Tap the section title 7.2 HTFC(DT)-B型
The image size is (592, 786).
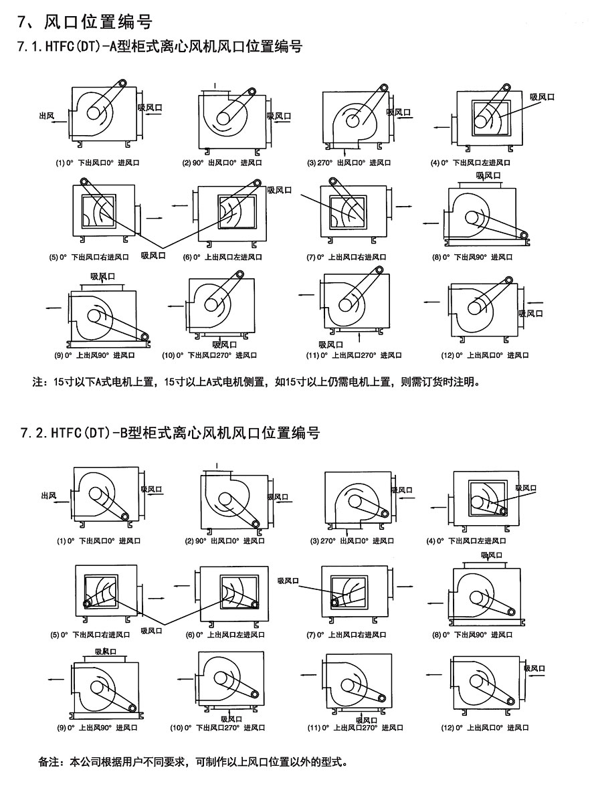click(x=171, y=433)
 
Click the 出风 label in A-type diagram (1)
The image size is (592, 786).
click(x=46, y=116)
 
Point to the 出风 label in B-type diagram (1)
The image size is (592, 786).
click(x=48, y=495)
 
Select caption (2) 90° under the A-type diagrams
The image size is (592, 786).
click(x=222, y=163)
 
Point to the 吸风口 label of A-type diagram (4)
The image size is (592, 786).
click(x=542, y=97)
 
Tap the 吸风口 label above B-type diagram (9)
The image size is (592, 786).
click(x=106, y=651)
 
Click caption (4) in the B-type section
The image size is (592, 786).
click(x=467, y=541)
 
